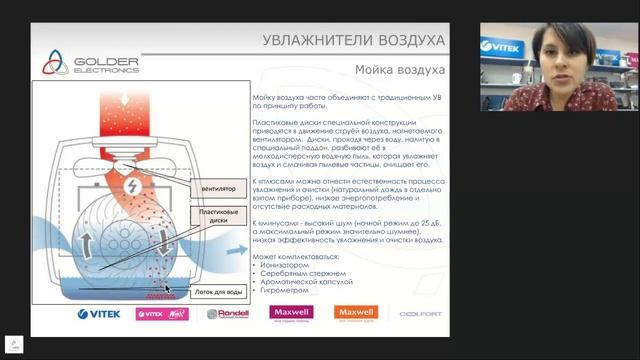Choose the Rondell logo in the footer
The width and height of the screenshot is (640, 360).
point(226,314)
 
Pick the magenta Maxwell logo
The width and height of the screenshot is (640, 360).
point(290,314)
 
